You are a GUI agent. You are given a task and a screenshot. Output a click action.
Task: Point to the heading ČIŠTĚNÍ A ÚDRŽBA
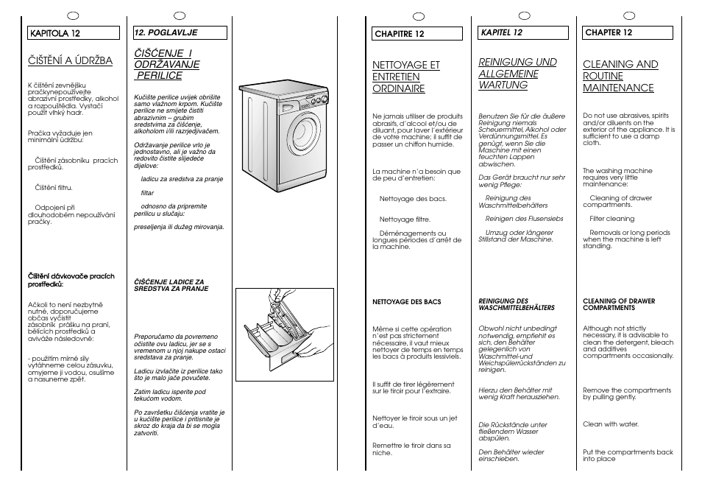(70, 60)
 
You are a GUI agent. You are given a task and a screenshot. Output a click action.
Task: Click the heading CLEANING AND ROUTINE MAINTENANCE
(620, 76)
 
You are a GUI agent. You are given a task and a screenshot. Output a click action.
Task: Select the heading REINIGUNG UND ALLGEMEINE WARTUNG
(517, 74)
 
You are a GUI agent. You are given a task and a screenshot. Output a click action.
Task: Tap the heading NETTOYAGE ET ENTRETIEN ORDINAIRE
(405, 77)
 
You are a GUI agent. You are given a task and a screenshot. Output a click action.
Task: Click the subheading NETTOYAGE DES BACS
(407, 301)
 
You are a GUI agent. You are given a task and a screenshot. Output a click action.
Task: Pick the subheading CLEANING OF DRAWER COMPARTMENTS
(618, 304)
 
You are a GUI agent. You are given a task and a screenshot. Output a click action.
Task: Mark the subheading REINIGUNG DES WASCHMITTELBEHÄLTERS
(517, 304)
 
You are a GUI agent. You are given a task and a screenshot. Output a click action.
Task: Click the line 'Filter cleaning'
(611, 219)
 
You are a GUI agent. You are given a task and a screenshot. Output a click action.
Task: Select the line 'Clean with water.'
(611, 424)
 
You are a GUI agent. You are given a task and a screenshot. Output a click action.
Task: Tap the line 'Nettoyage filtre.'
(405, 219)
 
